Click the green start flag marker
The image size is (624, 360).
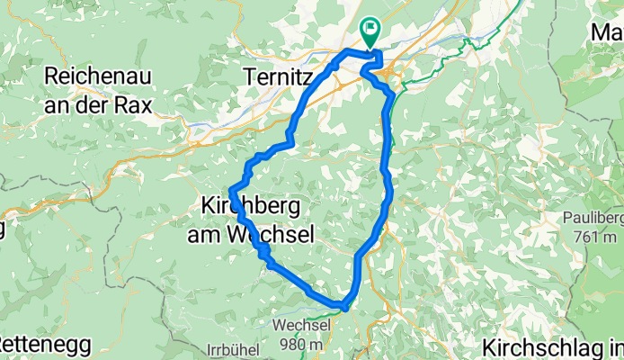370,31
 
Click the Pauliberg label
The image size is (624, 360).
590,219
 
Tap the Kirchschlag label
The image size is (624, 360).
550,347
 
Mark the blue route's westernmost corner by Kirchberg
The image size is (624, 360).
232,190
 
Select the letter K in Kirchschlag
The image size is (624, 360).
489,347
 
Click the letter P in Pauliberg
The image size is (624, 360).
566,219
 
